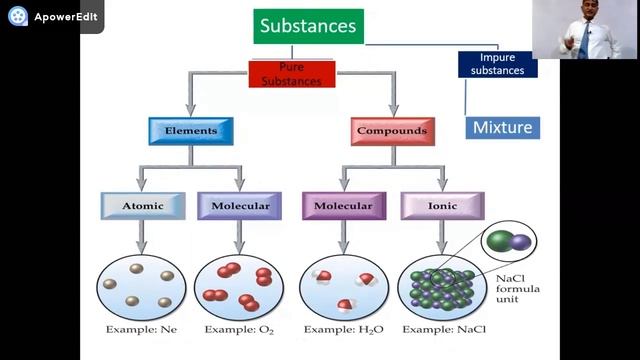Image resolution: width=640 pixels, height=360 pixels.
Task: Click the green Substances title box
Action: (x=307, y=26)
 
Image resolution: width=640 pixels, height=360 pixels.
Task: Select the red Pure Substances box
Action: (x=291, y=74)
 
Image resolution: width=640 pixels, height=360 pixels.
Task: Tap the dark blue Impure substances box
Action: (x=497, y=64)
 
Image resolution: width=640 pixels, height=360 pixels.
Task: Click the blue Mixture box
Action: (x=502, y=128)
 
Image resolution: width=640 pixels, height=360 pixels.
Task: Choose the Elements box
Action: (x=190, y=130)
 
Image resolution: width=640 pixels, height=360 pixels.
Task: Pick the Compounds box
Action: (x=393, y=130)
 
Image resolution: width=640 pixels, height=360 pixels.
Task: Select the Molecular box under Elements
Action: (x=240, y=206)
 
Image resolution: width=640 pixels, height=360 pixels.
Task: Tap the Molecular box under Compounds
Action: (x=343, y=206)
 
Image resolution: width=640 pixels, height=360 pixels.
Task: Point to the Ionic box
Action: (x=442, y=206)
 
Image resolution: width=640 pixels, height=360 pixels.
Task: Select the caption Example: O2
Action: (x=240, y=328)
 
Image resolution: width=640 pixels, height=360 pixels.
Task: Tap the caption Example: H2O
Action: (x=342, y=328)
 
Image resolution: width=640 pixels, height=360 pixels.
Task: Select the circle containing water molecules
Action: (x=343, y=287)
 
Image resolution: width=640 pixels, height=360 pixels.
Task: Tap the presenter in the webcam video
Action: (x=581, y=30)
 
